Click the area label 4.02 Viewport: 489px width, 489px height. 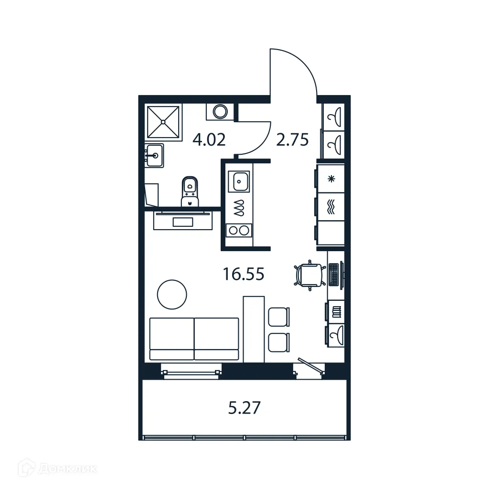(209, 140)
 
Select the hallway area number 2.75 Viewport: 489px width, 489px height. (292, 140)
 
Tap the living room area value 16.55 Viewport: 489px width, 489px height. (244, 274)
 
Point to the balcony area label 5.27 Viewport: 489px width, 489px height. (244, 408)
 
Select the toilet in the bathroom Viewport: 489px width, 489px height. (190, 191)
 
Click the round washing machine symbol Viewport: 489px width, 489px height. (220, 112)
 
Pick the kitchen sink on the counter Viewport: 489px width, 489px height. (239, 181)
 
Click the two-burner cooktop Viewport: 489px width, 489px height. (239, 230)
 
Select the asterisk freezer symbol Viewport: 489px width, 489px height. (330, 179)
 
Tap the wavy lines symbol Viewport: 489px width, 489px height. (330, 207)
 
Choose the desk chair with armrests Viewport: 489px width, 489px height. (308, 275)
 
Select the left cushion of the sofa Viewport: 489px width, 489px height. (171, 338)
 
